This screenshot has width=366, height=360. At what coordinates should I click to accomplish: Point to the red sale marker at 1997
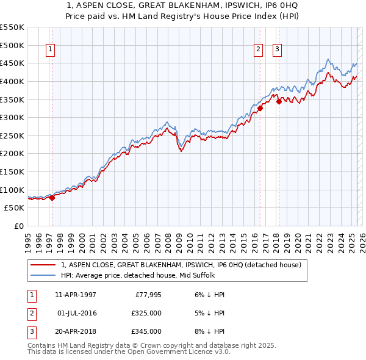(52, 197)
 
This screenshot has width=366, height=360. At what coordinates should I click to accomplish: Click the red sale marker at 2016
(260, 108)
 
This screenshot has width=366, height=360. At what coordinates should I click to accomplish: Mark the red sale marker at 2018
(279, 101)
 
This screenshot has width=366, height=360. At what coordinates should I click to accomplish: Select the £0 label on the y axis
(18, 226)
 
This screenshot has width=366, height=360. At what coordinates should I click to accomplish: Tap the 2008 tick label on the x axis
(168, 240)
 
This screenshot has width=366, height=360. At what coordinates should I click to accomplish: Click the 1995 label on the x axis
(28, 240)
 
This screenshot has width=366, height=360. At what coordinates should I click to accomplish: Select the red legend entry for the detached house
(181, 265)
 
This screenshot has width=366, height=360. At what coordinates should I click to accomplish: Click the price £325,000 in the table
(146, 313)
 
